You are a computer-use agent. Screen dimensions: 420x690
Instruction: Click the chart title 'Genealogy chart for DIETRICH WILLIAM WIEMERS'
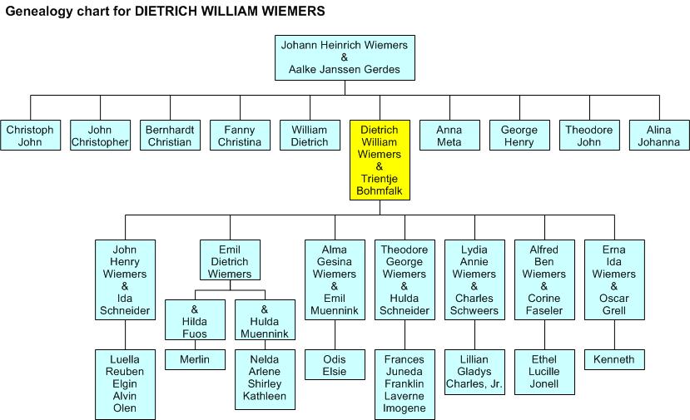click(165, 12)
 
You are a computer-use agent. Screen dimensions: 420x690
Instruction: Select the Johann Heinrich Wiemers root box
click(345, 57)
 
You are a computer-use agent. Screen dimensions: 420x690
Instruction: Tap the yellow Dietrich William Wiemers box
click(380, 161)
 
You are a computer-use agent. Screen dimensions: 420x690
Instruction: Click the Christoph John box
click(30, 136)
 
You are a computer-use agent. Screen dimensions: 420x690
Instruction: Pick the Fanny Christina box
click(240, 136)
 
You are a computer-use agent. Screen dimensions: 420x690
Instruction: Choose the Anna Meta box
click(449, 136)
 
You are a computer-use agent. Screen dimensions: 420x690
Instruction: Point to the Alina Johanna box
click(658, 136)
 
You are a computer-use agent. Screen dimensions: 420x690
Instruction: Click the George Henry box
click(519, 136)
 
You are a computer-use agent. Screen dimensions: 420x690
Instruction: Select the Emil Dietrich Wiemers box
click(230, 262)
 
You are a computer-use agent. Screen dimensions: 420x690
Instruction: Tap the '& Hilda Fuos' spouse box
click(195, 319)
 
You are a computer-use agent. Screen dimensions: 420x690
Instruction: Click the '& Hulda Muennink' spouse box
click(265, 319)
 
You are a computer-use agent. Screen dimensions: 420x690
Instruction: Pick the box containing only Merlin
click(195, 359)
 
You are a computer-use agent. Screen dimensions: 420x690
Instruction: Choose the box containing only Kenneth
click(614, 359)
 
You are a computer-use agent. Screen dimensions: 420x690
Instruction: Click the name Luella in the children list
click(125, 359)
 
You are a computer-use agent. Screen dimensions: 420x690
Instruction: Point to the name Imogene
click(405, 408)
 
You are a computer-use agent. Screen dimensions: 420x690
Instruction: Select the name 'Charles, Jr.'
click(474, 384)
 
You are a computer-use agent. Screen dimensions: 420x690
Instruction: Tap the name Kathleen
click(265, 397)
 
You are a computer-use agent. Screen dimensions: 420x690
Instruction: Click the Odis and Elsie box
click(335, 365)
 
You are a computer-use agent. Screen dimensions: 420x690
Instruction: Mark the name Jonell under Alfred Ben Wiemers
click(544, 384)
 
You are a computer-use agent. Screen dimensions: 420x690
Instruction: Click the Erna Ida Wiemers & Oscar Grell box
click(614, 280)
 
